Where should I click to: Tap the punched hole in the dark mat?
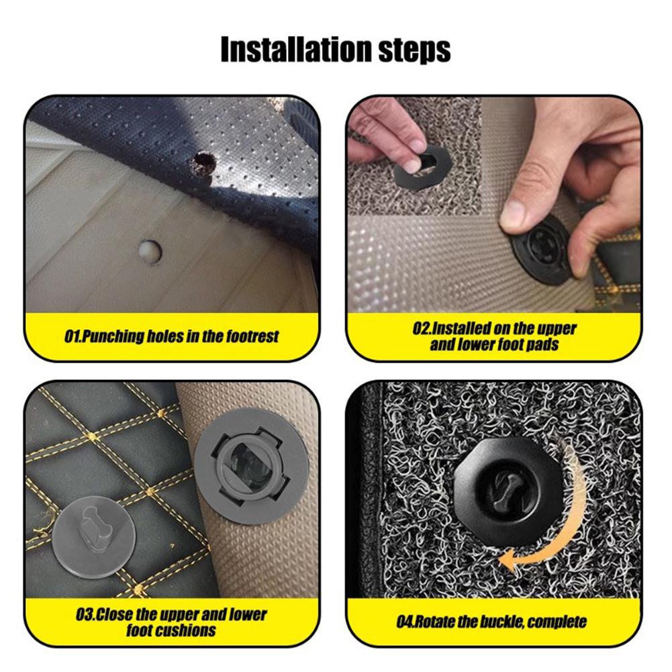pyautogui.click(x=202, y=162)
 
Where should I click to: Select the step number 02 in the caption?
pyautogui.click(x=420, y=329)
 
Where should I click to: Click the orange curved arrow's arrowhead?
pyautogui.click(x=508, y=557)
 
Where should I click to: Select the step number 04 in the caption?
pyautogui.click(x=404, y=621)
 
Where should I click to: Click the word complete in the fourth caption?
pyautogui.click(x=557, y=622)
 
